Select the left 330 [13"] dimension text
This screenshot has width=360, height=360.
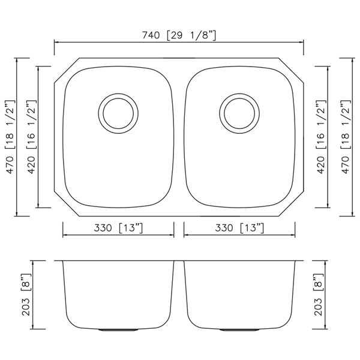pos(118,228)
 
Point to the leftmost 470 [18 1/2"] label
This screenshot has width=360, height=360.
pos(10,137)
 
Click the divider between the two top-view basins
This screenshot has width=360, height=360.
pos(179,137)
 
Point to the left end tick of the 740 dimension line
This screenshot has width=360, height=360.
pos(55,43)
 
